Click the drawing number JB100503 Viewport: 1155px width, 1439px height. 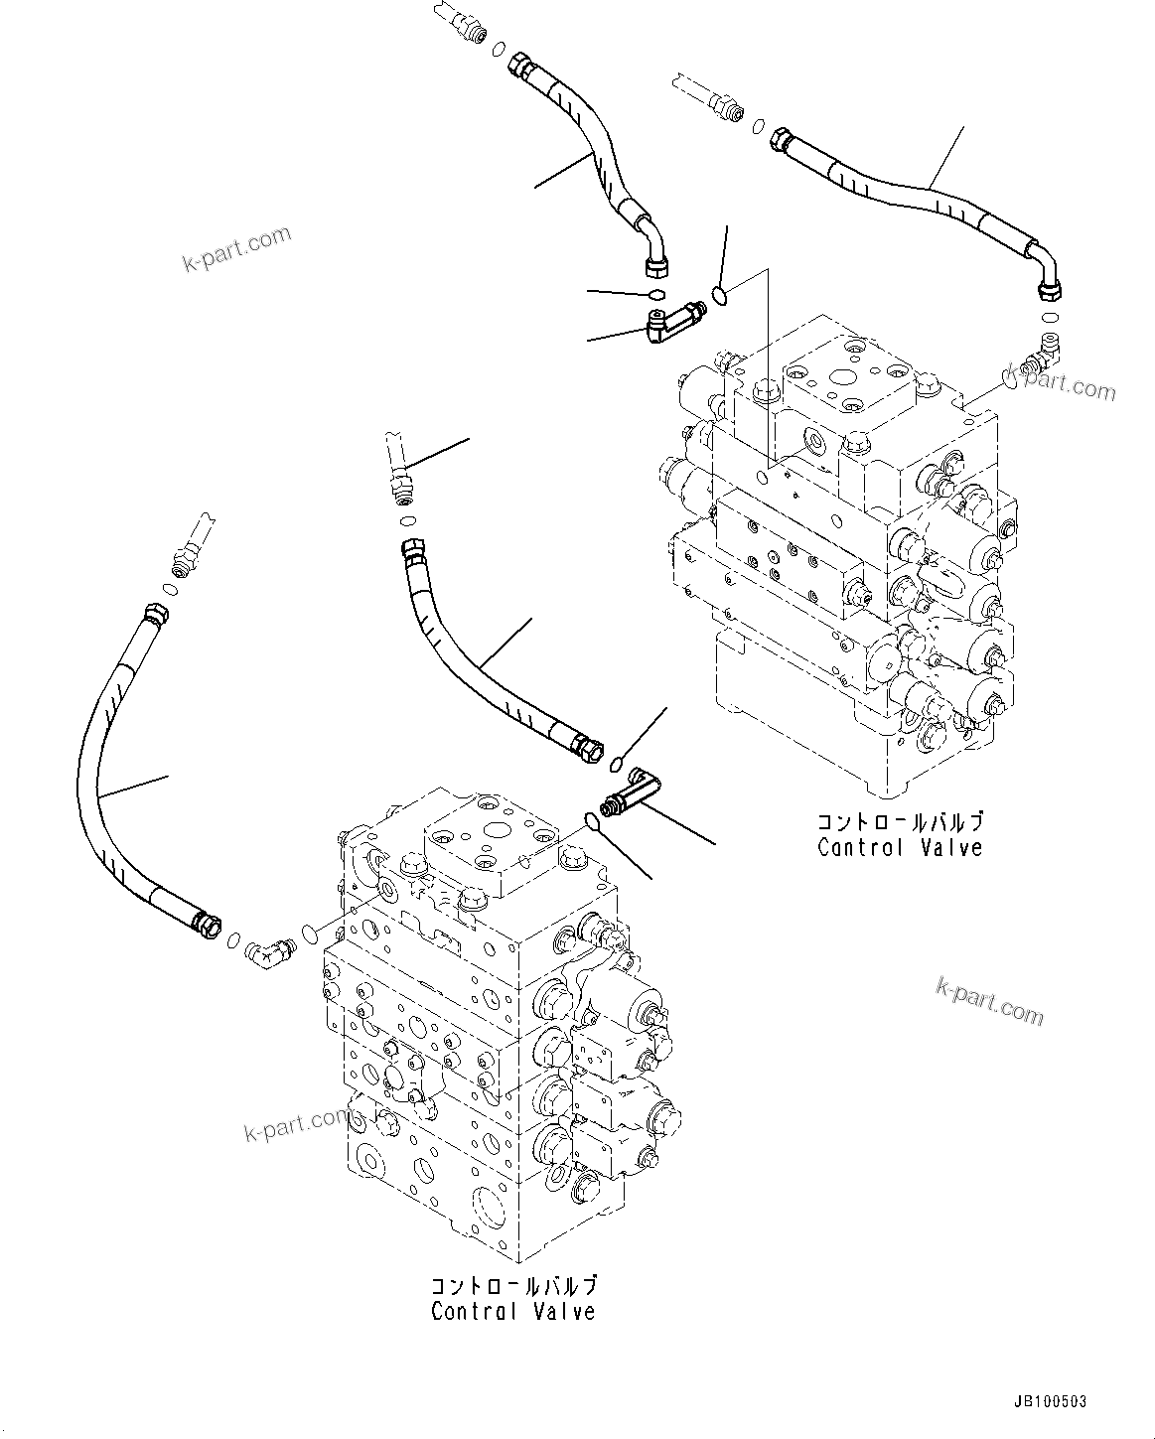click(x=1050, y=1401)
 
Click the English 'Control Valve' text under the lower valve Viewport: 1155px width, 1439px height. click(x=512, y=1311)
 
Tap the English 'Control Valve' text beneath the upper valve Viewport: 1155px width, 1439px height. click(x=900, y=847)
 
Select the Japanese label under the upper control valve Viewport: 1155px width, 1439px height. click(x=900, y=822)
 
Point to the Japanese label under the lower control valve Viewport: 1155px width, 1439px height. click(x=512, y=1286)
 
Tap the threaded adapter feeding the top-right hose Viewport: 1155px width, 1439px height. click(x=728, y=107)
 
